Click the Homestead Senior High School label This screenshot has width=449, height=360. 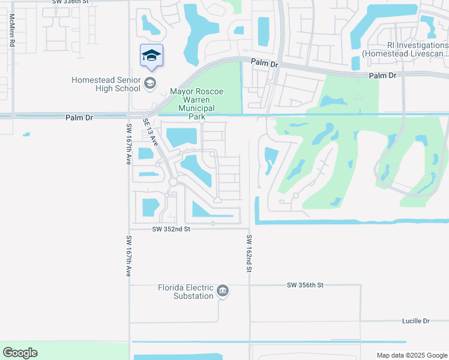click(106, 84)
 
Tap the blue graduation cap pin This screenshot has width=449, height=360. click(151, 56)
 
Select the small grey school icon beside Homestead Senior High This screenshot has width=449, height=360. click(150, 83)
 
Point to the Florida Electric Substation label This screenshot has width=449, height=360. click(185, 292)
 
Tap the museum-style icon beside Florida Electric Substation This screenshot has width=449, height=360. click(223, 292)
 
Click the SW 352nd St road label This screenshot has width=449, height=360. click(170, 229)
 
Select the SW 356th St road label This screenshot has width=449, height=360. click(305, 285)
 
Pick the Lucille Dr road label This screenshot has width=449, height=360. click(416, 321)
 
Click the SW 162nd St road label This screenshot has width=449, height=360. click(249, 254)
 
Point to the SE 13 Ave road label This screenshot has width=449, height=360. click(150, 132)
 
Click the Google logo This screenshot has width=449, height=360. click(20, 353)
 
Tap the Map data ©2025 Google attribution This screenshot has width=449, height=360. click(411, 355)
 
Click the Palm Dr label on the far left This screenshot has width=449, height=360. click(79, 118)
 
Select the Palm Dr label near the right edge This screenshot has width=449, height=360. click(383, 76)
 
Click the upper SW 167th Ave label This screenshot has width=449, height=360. click(128, 144)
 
